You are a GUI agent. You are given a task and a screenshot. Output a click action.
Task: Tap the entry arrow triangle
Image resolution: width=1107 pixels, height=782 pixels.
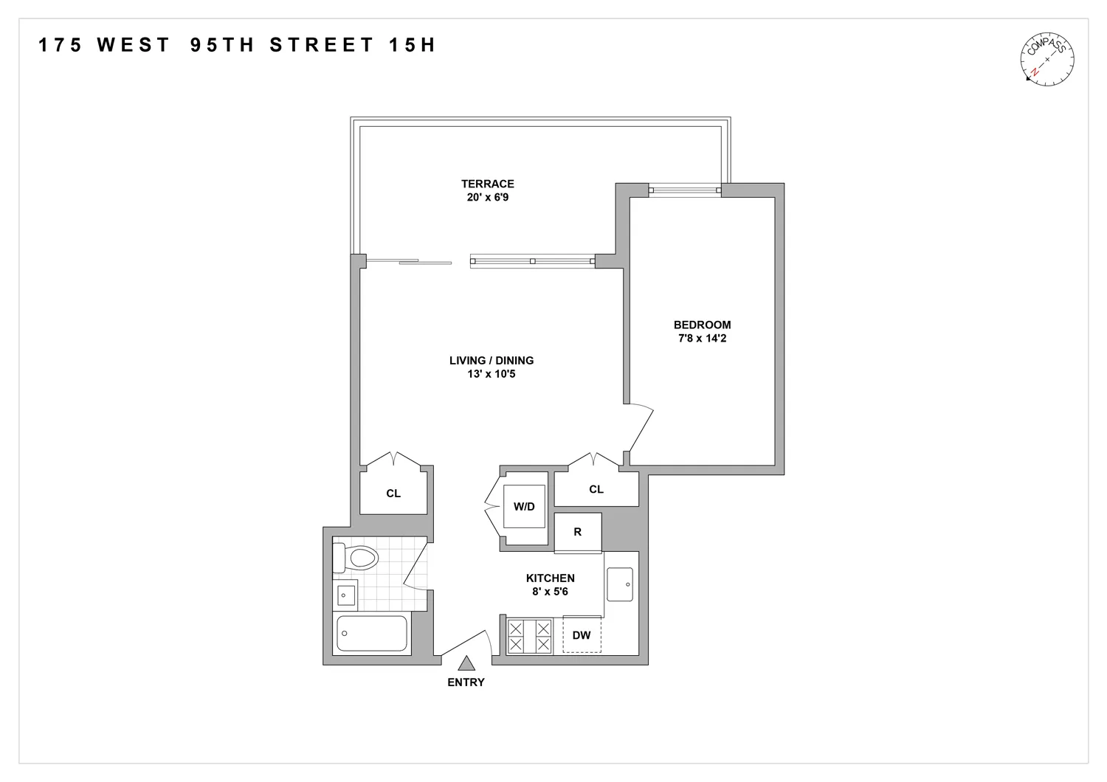pyautogui.click(x=466, y=664)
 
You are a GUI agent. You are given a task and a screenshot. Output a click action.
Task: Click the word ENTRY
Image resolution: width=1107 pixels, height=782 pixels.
pyautogui.click(x=466, y=682)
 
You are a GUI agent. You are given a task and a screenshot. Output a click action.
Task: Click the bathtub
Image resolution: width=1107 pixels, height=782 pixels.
pyautogui.click(x=372, y=634)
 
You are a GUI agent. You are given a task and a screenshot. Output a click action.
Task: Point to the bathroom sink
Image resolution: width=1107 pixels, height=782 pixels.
pyautogui.click(x=346, y=595)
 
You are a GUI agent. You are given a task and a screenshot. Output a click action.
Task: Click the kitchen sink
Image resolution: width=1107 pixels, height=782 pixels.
pyautogui.click(x=619, y=585)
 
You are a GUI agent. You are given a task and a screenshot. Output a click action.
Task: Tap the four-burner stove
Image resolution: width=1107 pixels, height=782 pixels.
pyautogui.click(x=529, y=636)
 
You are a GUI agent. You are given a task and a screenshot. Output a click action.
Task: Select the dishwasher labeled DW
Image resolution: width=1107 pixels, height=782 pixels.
pyautogui.click(x=582, y=635)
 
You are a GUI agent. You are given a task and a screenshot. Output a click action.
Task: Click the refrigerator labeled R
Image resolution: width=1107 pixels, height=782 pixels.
pyautogui.click(x=578, y=532)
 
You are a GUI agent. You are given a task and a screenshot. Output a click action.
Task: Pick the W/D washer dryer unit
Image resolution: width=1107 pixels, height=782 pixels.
pyautogui.click(x=524, y=507)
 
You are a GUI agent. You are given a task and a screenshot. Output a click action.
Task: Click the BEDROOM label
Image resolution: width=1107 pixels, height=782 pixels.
pyautogui.click(x=702, y=325)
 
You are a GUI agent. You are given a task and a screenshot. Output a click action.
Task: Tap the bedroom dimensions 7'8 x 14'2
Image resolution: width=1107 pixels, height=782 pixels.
pyautogui.click(x=702, y=339)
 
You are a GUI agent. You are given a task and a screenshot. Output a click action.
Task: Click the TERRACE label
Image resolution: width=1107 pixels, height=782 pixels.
pyautogui.click(x=488, y=184)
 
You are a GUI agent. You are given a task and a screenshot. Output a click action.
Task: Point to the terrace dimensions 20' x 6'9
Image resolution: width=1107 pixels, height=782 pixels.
pyautogui.click(x=488, y=198)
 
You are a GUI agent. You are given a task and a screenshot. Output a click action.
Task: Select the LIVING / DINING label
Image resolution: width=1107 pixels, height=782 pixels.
pyautogui.click(x=492, y=361)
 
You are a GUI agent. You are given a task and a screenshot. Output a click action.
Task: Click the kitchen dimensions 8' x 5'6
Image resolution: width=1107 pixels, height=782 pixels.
pyautogui.click(x=550, y=592)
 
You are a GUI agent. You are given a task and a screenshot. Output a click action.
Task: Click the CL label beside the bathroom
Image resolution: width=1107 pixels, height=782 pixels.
pyautogui.click(x=393, y=494)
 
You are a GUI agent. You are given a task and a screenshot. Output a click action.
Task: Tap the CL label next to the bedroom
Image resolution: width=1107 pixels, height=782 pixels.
pyautogui.click(x=596, y=489)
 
